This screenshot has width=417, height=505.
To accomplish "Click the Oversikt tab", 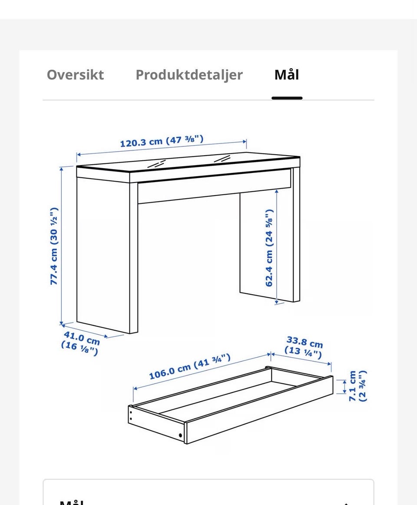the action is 75,75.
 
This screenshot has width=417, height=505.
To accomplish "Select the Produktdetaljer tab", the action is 189,75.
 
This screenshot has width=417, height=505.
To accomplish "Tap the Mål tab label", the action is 287,74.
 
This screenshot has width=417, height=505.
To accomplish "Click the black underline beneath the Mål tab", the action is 287,98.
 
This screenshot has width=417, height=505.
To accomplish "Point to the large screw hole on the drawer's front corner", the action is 180,435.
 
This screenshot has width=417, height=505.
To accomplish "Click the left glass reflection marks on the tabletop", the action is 157,163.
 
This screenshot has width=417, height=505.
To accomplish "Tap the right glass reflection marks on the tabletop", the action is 222,159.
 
